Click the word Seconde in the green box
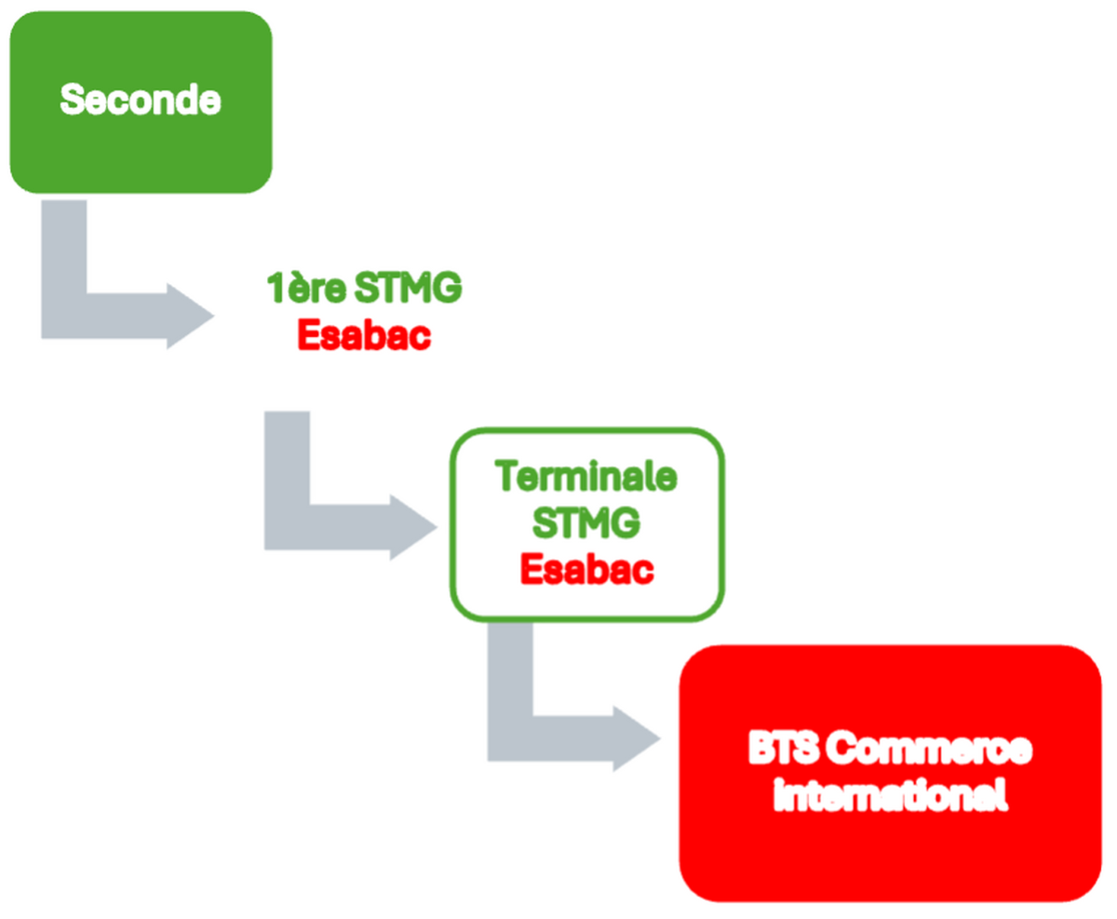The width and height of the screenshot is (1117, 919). [x=140, y=100]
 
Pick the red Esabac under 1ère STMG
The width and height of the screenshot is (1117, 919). [x=364, y=335]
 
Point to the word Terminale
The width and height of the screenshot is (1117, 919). [x=586, y=478]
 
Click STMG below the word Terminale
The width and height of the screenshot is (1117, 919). [x=586, y=523]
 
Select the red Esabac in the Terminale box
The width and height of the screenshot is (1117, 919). [x=586, y=569]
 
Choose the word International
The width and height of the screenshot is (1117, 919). [x=891, y=797]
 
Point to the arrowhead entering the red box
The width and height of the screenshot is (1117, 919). [x=637, y=741]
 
